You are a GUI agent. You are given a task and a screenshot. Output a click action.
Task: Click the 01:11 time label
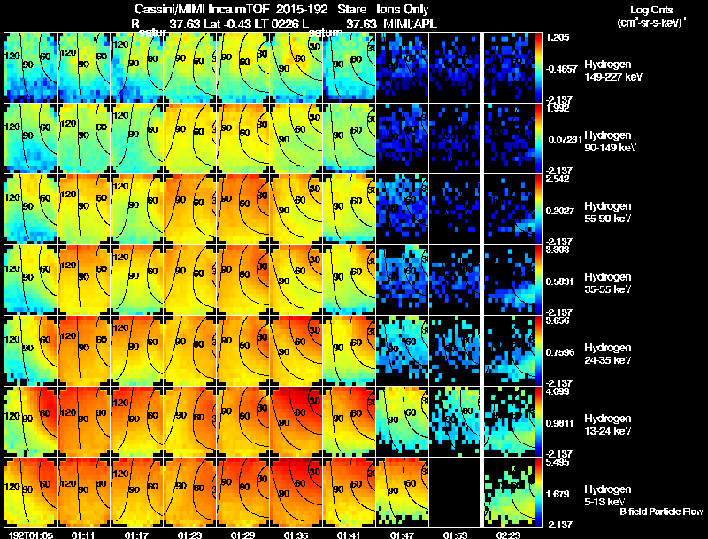click(84, 535)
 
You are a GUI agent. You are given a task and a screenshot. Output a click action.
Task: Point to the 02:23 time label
click(509, 535)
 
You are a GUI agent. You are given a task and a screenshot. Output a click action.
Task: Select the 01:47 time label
click(403, 535)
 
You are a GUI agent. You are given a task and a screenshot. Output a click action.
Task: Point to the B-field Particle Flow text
click(661, 512)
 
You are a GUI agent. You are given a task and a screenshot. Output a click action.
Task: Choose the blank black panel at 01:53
click(455, 492)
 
